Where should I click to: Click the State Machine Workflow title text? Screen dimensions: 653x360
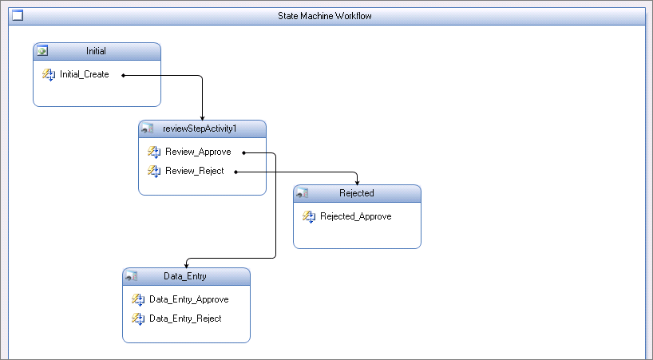tap(325, 16)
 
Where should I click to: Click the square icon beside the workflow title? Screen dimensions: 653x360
tap(18, 15)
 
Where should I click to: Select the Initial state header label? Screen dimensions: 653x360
tap(97, 51)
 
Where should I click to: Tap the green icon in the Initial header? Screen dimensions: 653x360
tap(42, 51)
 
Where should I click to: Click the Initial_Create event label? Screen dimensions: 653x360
tap(85, 74)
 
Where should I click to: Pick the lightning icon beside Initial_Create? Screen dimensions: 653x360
tap(49, 75)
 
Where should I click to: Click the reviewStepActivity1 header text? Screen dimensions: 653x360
tap(200, 129)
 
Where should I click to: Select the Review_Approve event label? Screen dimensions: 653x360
tap(198, 152)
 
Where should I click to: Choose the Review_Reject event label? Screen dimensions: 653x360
tap(195, 171)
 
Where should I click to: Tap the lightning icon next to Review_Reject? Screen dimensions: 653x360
tap(154, 171)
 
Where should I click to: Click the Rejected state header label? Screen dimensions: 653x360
tap(357, 193)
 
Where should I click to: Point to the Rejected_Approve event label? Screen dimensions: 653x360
tap(356, 216)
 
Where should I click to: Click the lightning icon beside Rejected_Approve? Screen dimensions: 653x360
tap(309, 217)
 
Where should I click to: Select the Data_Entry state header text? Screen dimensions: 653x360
tap(185, 276)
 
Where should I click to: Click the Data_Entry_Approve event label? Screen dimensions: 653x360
tap(189, 299)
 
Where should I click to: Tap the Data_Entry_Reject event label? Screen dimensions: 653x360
tap(186, 318)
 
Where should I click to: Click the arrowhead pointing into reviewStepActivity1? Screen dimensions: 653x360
tap(203, 118)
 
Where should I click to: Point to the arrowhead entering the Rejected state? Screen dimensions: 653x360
tap(358, 183)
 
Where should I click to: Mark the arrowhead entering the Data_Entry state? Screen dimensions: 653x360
tap(187, 266)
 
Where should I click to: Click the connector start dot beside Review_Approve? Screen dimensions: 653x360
tap(244, 152)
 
